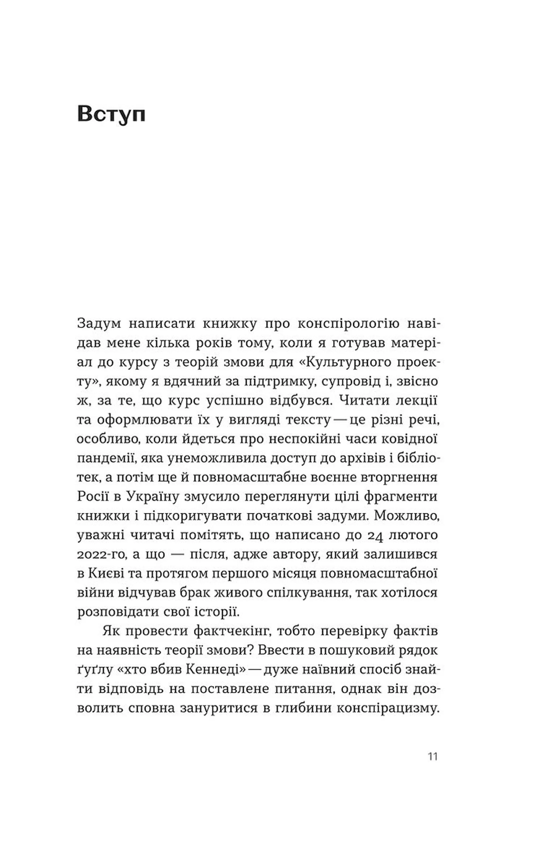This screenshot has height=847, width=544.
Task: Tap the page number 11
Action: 433,757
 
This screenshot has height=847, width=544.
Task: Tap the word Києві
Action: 106,573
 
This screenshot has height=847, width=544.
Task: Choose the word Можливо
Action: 406,516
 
